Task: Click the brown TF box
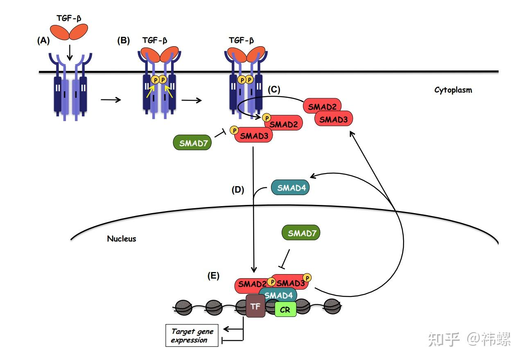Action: [255, 306]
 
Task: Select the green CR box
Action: [285, 309]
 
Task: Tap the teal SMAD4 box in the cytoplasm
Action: [290, 187]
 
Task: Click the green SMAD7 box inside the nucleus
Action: [301, 233]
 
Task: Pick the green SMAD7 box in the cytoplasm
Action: [192, 142]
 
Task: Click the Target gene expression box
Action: [192, 335]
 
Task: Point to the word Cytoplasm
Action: [453, 90]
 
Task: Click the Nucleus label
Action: [122, 239]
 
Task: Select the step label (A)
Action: [43, 40]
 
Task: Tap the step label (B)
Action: [124, 40]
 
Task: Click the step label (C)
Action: [274, 89]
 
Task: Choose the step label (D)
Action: [238, 189]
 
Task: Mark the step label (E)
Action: [213, 276]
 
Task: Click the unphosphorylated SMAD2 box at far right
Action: [322, 106]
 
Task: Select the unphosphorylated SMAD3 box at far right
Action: [334, 119]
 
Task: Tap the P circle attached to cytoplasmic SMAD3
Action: [234, 130]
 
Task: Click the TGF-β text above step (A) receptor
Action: [69, 18]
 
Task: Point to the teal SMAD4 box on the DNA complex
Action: [278, 295]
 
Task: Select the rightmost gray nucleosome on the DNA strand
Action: [332, 306]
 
